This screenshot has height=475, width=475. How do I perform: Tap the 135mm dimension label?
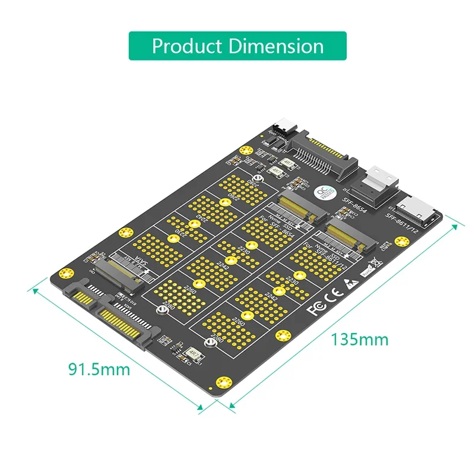click(x=359, y=340)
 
